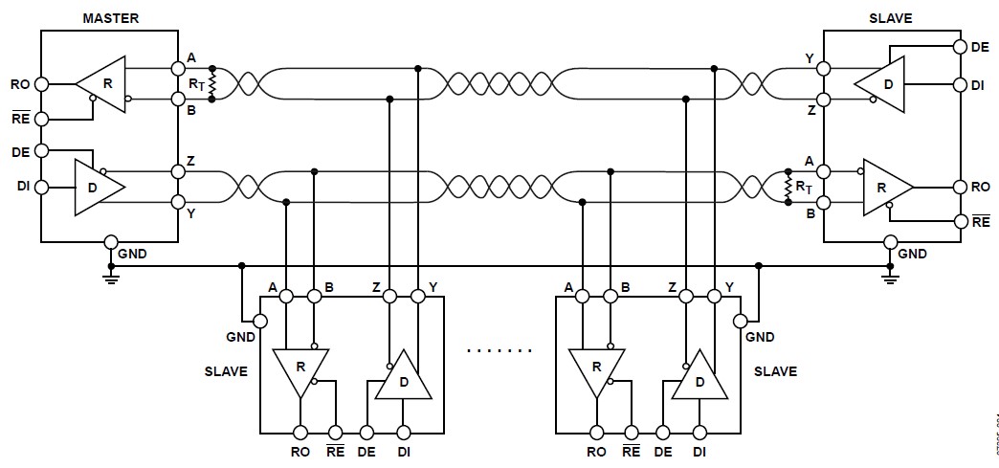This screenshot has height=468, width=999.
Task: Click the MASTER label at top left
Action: click(x=109, y=18)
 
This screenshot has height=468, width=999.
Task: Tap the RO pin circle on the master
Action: click(x=41, y=84)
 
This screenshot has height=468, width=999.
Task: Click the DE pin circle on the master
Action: click(x=41, y=150)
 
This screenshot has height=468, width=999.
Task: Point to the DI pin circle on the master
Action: click(x=41, y=187)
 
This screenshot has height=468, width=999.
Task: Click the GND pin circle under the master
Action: click(x=111, y=242)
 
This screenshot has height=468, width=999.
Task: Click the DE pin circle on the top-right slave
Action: click(x=960, y=46)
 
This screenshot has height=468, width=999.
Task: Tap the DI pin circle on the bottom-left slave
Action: click(x=403, y=432)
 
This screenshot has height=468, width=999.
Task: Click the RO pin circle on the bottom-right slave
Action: click(x=596, y=432)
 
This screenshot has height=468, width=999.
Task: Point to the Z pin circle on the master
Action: click(x=177, y=172)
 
